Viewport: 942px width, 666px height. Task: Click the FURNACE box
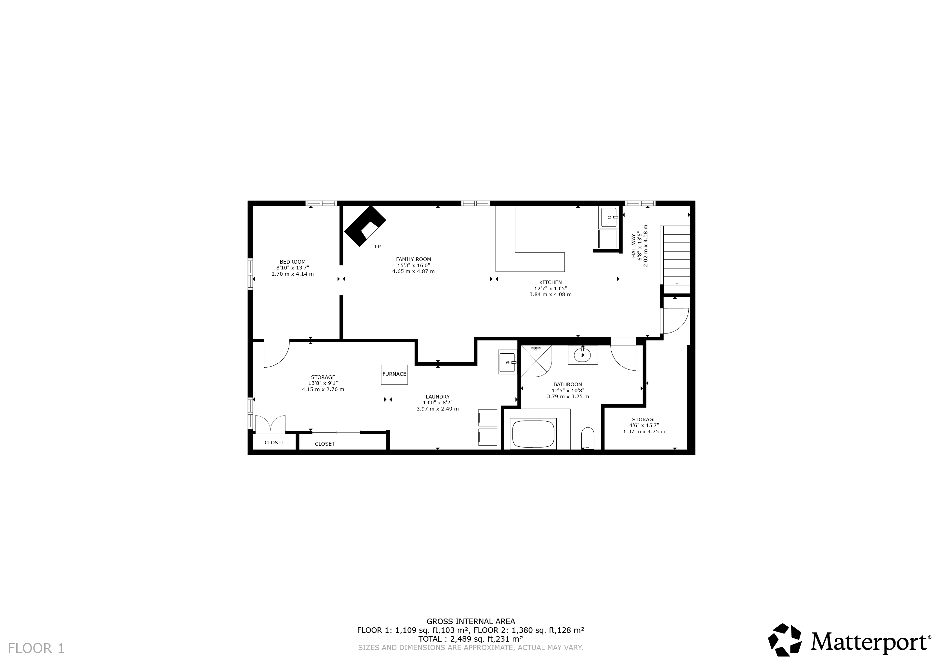tap(394, 374)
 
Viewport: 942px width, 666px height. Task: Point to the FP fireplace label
tap(378, 246)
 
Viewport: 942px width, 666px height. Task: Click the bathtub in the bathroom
tap(533, 434)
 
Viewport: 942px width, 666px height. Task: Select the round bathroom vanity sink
tap(582, 355)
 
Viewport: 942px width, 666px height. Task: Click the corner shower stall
tap(536, 361)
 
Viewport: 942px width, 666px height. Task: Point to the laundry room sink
tap(507, 362)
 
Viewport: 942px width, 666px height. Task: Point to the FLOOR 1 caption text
tap(36, 648)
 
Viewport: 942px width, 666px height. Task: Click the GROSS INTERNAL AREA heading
tap(471, 621)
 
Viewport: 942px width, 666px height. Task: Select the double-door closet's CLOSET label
tap(274, 442)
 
